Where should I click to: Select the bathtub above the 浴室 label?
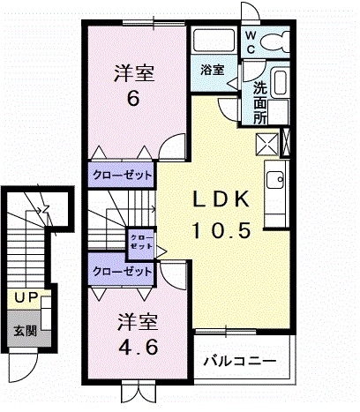click(213, 41)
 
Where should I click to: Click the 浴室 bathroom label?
click(211, 70)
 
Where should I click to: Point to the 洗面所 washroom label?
click(261, 101)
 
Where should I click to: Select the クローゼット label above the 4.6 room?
click(122, 272)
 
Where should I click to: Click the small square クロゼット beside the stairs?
click(140, 241)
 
